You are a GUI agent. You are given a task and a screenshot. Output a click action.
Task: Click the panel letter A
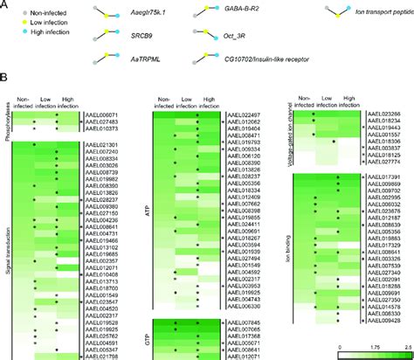(x=5, y=5)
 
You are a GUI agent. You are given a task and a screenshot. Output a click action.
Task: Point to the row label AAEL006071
(x=102, y=114)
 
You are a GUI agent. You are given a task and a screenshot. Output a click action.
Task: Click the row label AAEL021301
(x=102, y=142)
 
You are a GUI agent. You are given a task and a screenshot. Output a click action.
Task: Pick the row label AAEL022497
(x=245, y=114)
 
